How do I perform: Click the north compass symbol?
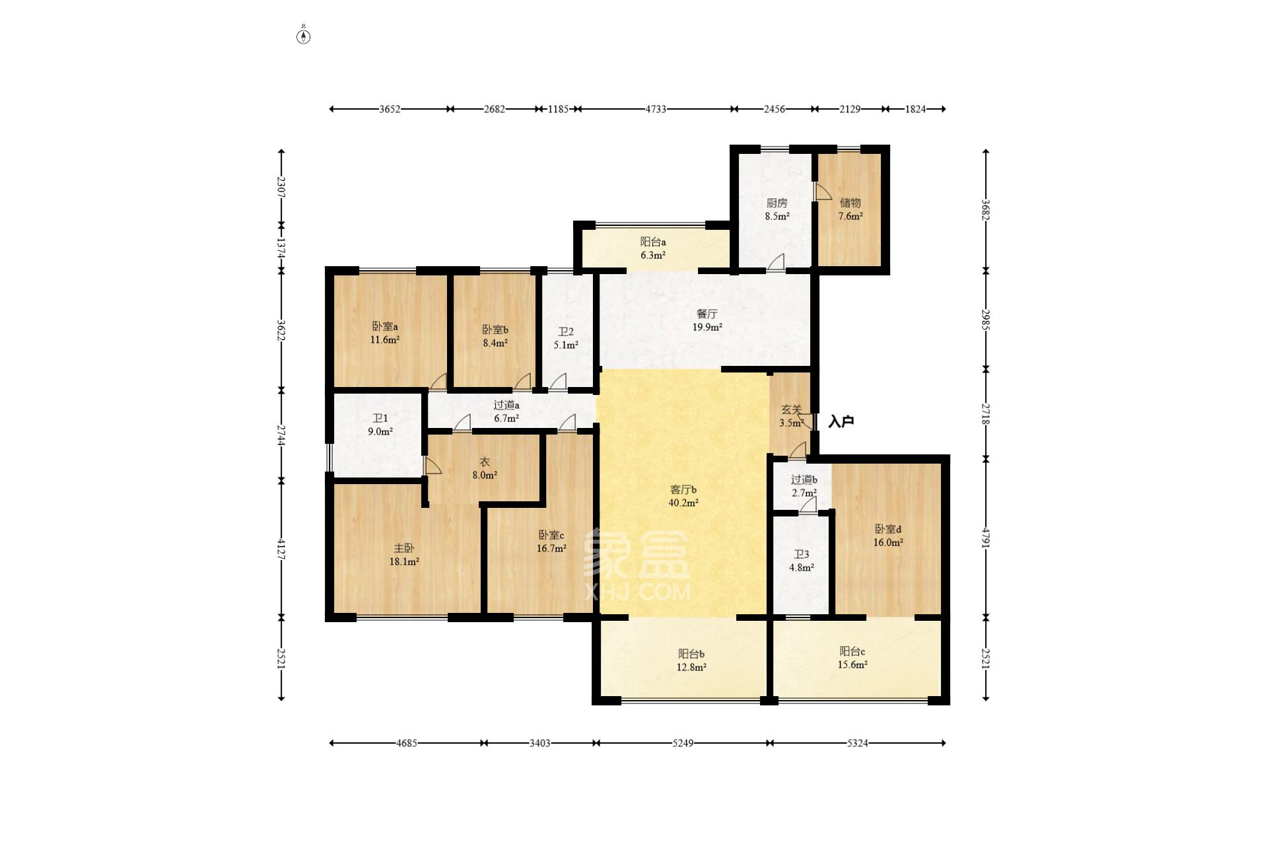pyautogui.click(x=303, y=35)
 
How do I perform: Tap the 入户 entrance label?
pyautogui.click(x=841, y=421)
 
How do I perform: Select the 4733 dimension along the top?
pyautogui.click(x=656, y=109)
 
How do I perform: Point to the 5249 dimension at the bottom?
pyautogui.click(x=683, y=743)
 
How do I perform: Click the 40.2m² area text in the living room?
pyautogui.click(x=683, y=503)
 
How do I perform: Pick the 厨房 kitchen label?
pyautogui.click(x=776, y=203)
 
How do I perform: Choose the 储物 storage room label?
pyautogui.click(x=850, y=203)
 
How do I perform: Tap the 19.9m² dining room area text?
pyautogui.click(x=706, y=327)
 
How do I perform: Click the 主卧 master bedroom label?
pyautogui.click(x=404, y=548)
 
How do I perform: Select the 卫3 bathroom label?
pyautogui.click(x=801, y=555)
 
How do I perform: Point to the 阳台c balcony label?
pyautogui.click(x=852, y=652)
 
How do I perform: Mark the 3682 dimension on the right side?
pyautogui.click(x=986, y=210)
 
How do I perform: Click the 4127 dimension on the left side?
pyautogui.click(x=281, y=549)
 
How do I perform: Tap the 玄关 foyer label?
pyautogui.click(x=791, y=410)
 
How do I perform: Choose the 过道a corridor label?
pyautogui.click(x=506, y=406)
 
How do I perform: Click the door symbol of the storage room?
pyautogui.click(x=823, y=192)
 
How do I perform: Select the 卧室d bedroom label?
pyautogui.click(x=888, y=530)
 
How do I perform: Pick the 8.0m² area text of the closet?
pyautogui.click(x=485, y=475)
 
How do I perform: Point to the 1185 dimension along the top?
pyautogui.click(x=558, y=109)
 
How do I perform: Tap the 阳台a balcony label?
pyautogui.click(x=652, y=242)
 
